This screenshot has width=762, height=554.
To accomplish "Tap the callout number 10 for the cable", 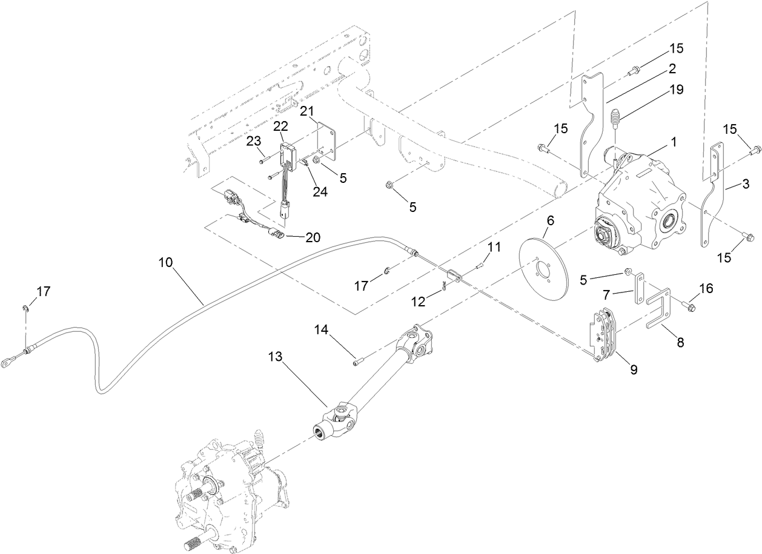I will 165,263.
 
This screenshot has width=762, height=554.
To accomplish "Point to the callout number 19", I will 676,90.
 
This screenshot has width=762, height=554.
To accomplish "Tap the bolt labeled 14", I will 357,363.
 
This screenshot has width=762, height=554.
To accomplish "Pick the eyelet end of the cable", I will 12,363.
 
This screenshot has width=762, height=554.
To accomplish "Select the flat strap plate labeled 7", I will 639,289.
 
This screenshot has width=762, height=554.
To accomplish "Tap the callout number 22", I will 280,125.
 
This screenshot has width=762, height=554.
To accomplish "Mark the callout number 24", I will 320,192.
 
